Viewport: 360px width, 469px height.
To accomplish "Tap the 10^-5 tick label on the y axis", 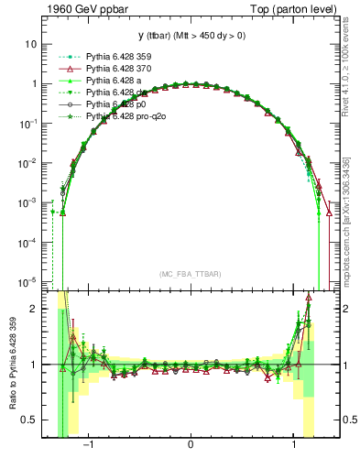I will [27, 281].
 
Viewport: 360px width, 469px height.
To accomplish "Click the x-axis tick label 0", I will [190, 445].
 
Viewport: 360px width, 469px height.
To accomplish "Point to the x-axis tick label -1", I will [89, 445].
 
